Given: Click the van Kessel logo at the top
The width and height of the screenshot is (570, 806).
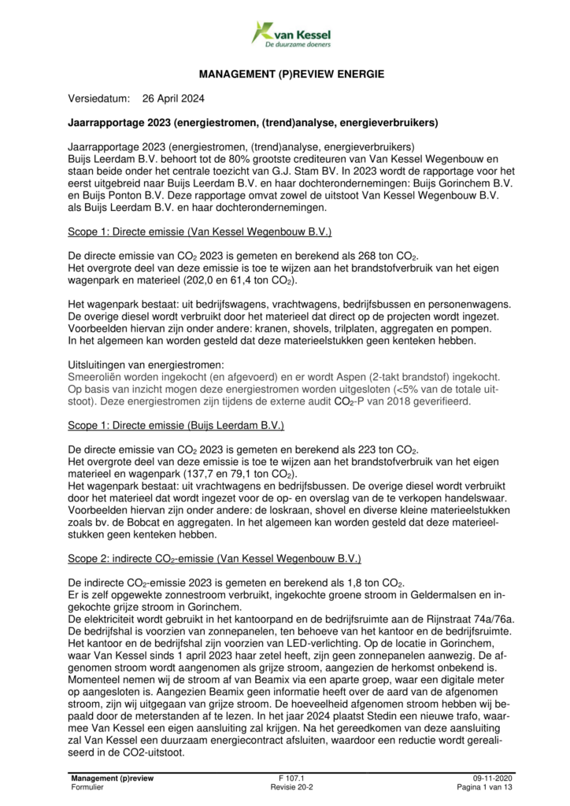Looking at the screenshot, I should click(x=291, y=34).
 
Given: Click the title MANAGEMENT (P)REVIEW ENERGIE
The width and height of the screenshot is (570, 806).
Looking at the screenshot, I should click(x=291, y=74).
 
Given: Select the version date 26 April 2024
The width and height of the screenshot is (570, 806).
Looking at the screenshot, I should click(x=174, y=99).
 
